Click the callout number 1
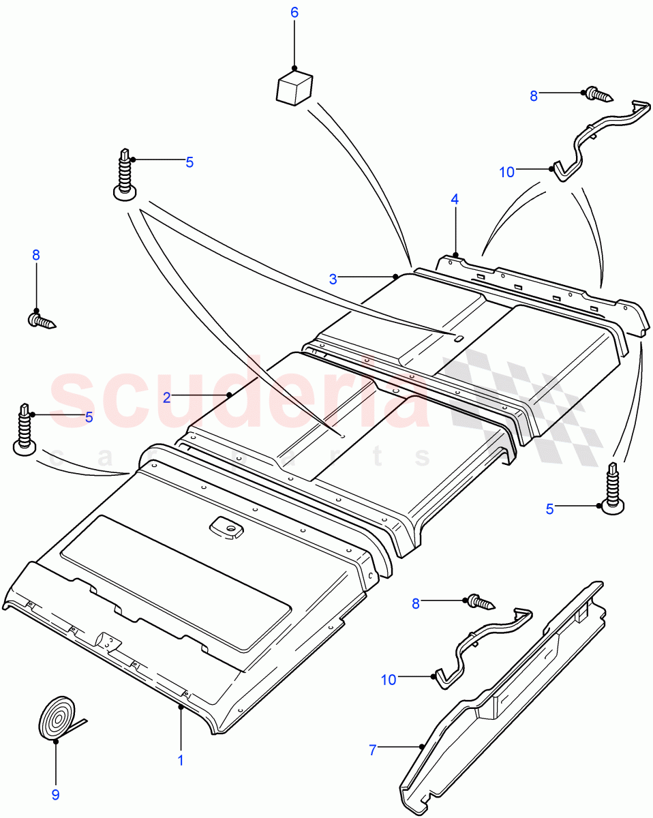pos(181,760)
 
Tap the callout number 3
pos(333,279)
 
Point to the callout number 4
pos(455,200)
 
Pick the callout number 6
pos(294,13)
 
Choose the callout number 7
pos(372,750)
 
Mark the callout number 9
pos(56,794)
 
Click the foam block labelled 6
pos(294,89)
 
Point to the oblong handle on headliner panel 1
pos(225,528)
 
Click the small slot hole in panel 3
pos(459,337)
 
